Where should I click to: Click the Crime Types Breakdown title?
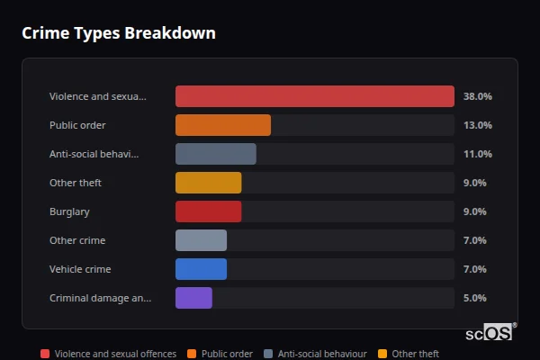(x=118, y=33)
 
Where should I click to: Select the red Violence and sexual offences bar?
(x=314, y=96)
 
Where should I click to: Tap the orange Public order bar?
(x=222, y=125)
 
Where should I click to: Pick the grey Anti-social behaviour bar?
(x=215, y=154)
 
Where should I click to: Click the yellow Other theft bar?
(x=208, y=183)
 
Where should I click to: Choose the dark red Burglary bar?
(x=208, y=211)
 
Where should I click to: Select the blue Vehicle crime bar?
(x=201, y=269)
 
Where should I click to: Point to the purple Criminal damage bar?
(x=193, y=298)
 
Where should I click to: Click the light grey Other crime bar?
(x=201, y=240)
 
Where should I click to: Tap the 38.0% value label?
(x=476, y=96)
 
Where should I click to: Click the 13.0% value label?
(x=476, y=125)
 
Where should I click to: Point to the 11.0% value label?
(x=476, y=154)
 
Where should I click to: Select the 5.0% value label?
(x=476, y=298)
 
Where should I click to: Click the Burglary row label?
(x=69, y=211)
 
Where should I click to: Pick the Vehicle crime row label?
(x=80, y=269)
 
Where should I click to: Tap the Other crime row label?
(x=77, y=240)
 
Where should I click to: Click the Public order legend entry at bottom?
(x=221, y=354)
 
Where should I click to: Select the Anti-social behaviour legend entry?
(x=315, y=354)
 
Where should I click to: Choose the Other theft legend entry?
(x=409, y=354)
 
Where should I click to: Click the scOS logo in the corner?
(x=490, y=332)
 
